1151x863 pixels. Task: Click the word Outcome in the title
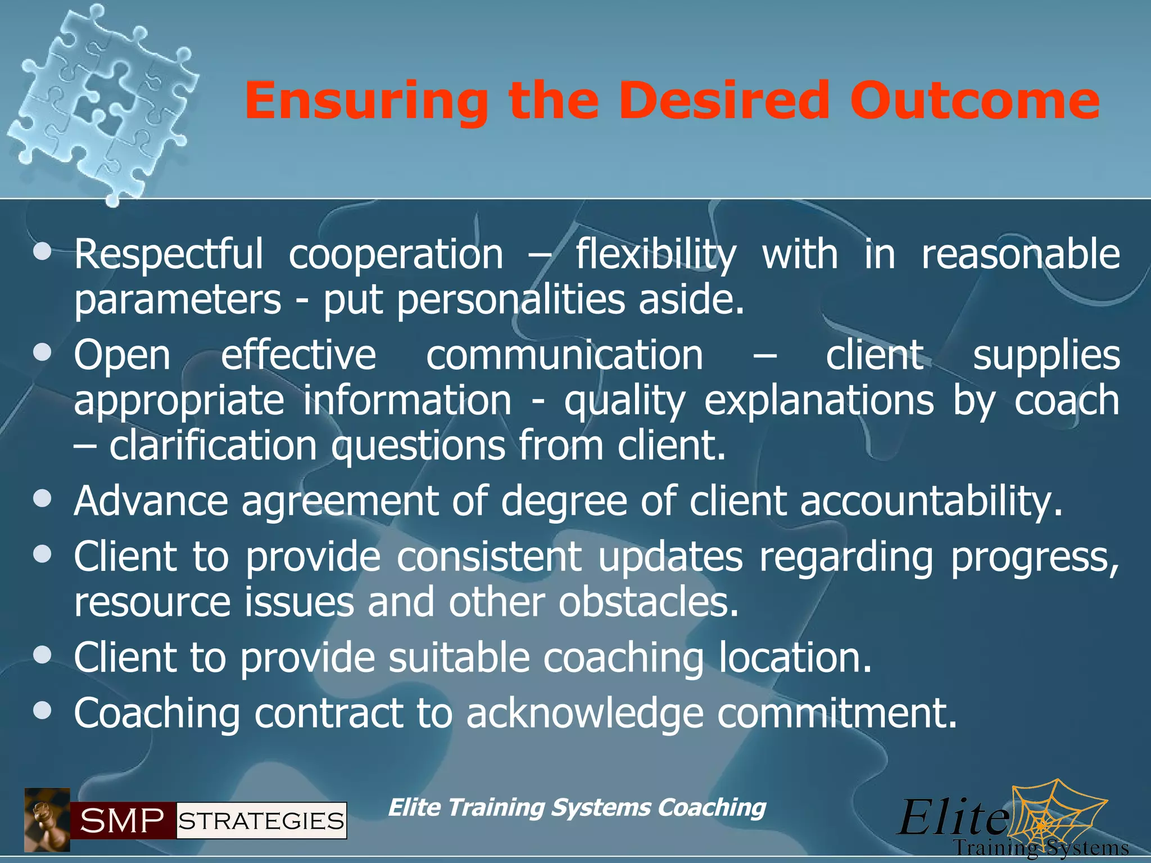tap(975, 101)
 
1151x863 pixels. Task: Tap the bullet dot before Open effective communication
tap(42, 353)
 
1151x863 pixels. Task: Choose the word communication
tap(564, 356)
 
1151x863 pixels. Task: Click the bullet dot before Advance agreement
tap(42, 498)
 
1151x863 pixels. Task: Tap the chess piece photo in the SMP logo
tap(47, 820)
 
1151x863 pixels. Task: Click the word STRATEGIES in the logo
tap(261, 821)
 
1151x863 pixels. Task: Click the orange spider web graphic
tap(1057, 815)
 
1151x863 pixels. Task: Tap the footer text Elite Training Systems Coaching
tap(577, 808)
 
